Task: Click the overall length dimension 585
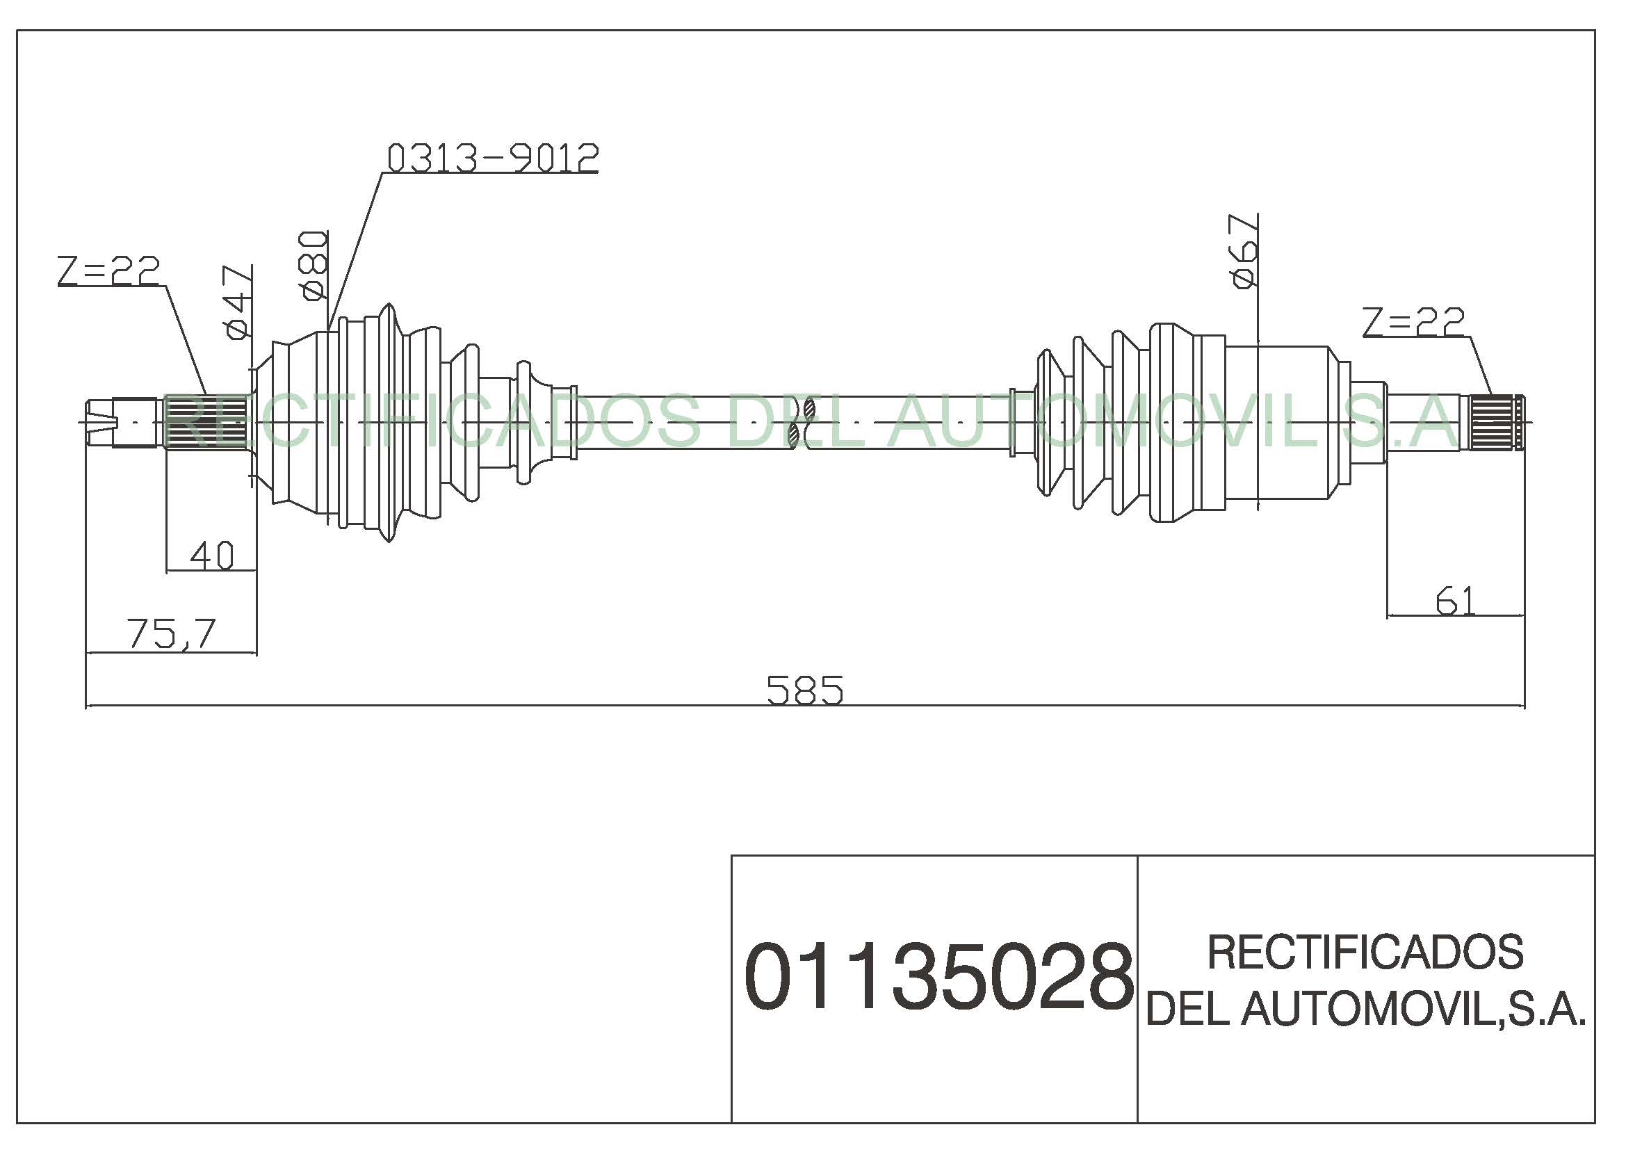coord(805,690)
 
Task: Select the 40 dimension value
coord(212,556)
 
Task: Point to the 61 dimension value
coord(1455,601)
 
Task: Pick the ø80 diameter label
coord(314,266)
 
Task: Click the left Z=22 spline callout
coord(109,270)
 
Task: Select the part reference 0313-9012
coord(493,158)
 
